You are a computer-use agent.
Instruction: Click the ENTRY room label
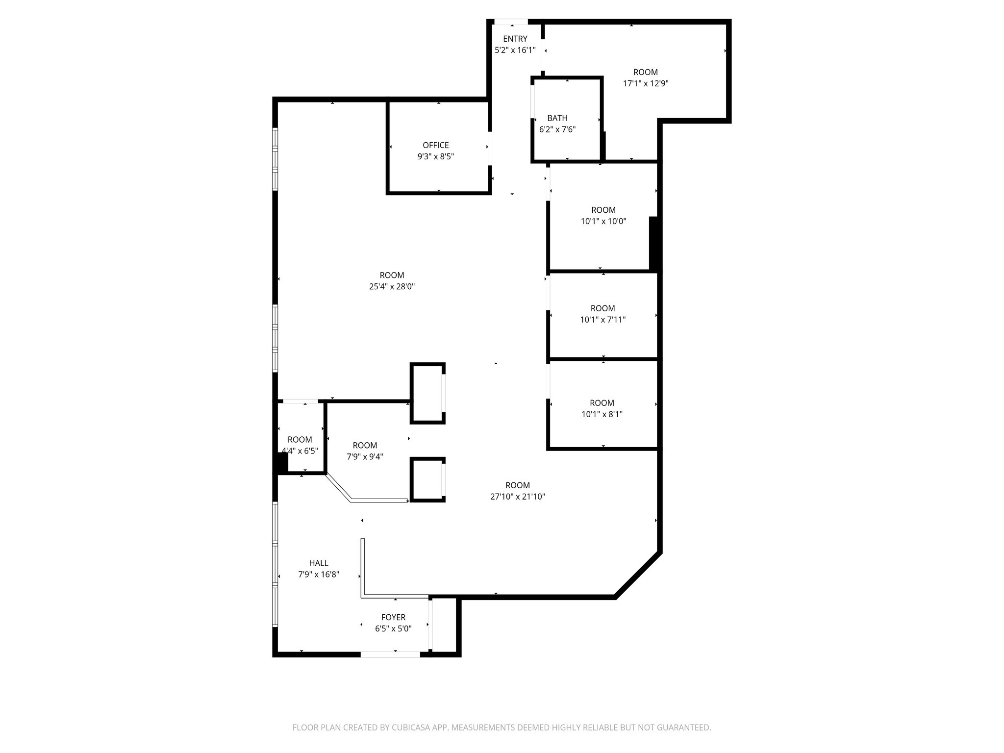(515, 39)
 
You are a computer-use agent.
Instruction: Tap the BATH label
(557, 118)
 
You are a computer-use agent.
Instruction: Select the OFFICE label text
(435, 145)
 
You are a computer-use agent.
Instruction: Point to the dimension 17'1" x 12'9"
(645, 83)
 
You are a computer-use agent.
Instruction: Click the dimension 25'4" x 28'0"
(392, 287)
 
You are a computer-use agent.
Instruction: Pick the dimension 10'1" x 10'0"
(603, 221)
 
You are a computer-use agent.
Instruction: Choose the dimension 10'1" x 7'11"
(602, 320)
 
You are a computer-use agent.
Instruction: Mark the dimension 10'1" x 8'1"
(602, 414)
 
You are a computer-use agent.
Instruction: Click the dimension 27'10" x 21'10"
(517, 497)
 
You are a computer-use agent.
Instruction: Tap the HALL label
(319, 563)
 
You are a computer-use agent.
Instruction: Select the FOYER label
(393, 617)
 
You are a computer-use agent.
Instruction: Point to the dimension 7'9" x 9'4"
(365, 457)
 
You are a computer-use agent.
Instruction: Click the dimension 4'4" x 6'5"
(300, 451)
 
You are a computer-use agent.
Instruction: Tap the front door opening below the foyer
(390, 654)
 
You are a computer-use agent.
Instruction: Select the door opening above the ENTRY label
(511, 22)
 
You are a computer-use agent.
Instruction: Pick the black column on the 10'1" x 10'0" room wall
(653, 243)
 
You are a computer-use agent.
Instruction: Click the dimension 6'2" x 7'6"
(557, 130)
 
